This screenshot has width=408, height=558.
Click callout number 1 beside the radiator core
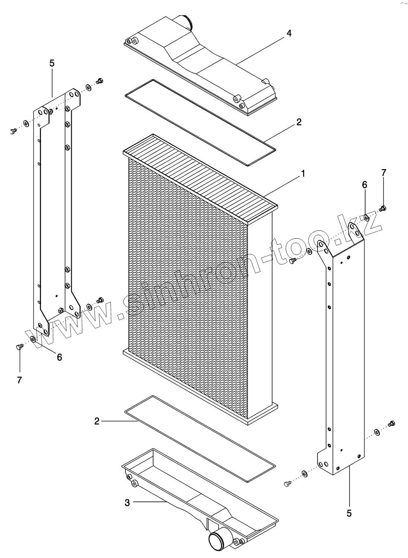pos(303,174)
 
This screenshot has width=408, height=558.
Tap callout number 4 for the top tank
pos(289,33)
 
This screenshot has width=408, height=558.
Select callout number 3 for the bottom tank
pos(127,503)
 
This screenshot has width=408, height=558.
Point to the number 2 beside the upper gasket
pos(299,122)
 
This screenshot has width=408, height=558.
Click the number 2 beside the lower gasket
pos(97,421)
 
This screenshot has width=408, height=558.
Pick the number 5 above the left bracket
pos(52,63)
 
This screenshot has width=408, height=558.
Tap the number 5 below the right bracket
pos(349,513)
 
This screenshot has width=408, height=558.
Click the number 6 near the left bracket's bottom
pos(59,357)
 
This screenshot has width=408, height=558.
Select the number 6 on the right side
pos(364,185)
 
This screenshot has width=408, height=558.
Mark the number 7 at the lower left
pos(19,380)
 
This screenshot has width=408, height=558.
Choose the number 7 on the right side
pos(384,172)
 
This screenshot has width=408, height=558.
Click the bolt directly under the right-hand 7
pos(383,209)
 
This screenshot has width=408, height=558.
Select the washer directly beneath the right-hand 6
pos(366,217)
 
